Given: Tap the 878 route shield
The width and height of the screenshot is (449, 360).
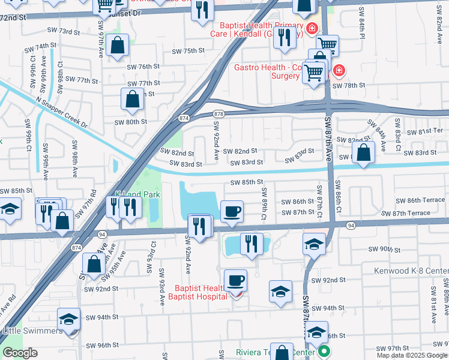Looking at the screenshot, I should [218, 113].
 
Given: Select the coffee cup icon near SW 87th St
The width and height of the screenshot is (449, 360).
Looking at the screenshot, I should [232, 212].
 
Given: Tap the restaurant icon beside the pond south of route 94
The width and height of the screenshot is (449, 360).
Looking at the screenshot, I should [251, 244].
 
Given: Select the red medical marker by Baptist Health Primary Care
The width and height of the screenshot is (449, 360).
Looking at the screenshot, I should [312, 28].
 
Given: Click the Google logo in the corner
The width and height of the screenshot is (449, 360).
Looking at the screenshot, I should [20, 353].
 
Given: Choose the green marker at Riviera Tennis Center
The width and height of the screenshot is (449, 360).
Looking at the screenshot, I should [325, 352].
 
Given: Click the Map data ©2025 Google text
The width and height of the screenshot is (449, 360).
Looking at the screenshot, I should [412, 355].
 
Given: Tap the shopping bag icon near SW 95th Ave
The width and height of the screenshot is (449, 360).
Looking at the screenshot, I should [94, 264].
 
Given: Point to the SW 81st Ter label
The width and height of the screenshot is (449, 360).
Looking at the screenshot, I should [426, 131].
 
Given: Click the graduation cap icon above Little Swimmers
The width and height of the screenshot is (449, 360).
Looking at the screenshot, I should [68, 319].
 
